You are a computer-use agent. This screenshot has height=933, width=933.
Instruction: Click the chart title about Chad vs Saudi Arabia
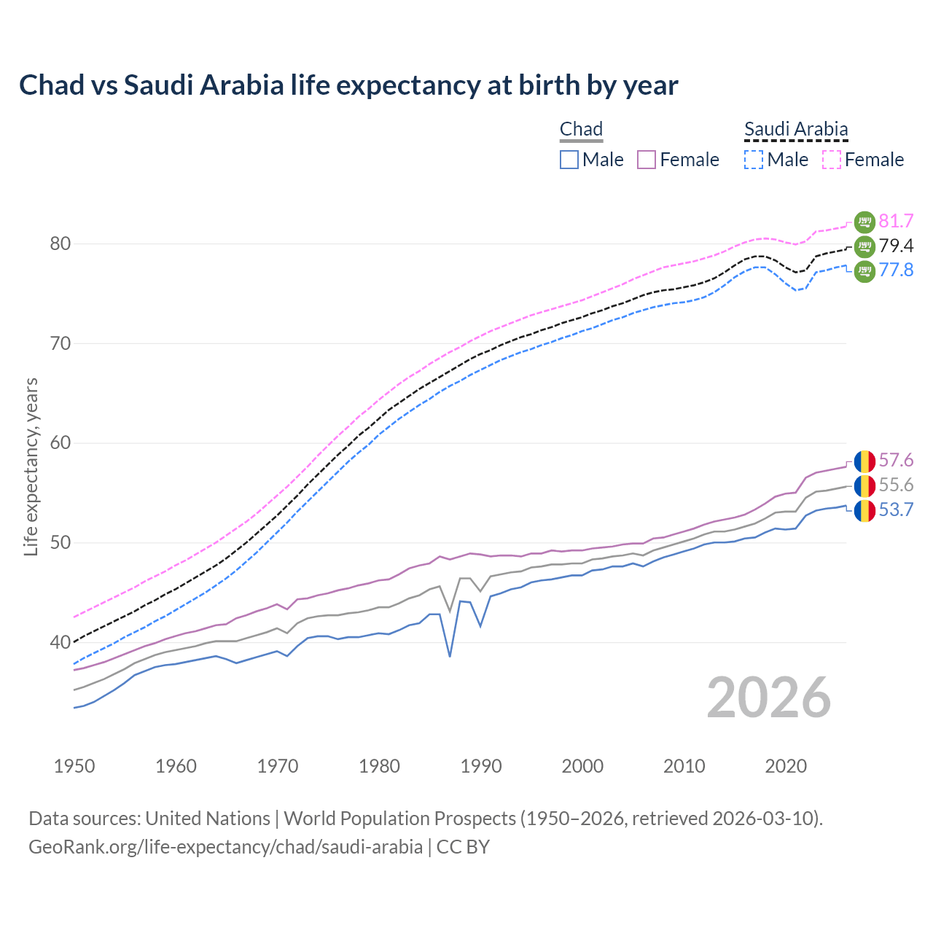pyautogui.click(x=348, y=85)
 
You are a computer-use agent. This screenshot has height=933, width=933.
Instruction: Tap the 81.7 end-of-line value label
pyautogui.click(x=896, y=221)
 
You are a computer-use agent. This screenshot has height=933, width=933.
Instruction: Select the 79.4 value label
pyautogui.click(x=896, y=246)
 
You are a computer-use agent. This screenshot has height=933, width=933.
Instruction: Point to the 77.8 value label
pyautogui.click(x=896, y=270)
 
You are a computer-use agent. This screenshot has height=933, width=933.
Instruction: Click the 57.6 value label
pyautogui.click(x=896, y=460)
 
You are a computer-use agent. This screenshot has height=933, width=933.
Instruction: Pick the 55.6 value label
pyautogui.click(x=896, y=485)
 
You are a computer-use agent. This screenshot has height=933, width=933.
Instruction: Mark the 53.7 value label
pyautogui.click(x=896, y=510)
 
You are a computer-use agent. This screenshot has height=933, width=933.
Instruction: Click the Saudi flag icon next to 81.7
pyautogui.click(x=864, y=221)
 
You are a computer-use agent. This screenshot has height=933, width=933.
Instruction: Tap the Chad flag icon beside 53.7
pyautogui.click(x=864, y=510)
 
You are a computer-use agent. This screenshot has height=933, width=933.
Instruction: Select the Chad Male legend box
pyautogui.click(x=569, y=160)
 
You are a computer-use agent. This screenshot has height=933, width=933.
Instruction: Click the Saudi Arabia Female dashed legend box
pyautogui.click(x=832, y=160)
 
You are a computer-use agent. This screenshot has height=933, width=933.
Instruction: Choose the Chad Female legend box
pyautogui.click(x=647, y=160)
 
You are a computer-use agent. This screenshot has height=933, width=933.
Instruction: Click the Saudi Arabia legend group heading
pyautogui.click(x=796, y=129)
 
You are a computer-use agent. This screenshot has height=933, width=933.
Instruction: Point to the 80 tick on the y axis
pyautogui.click(x=60, y=243)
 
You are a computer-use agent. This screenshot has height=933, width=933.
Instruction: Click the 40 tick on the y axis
pyautogui.click(x=60, y=642)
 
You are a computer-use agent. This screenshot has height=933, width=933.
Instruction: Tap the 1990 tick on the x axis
pyautogui.click(x=481, y=766)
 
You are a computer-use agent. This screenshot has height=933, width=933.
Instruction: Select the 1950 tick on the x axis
pyautogui.click(x=74, y=766)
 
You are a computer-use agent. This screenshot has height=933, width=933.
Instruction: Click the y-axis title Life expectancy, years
pyautogui.click(x=31, y=466)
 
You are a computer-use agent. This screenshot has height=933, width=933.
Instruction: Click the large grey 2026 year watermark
pyautogui.click(x=769, y=698)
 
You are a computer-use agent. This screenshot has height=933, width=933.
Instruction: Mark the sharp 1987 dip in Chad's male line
pyautogui.click(x=450, y=655)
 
